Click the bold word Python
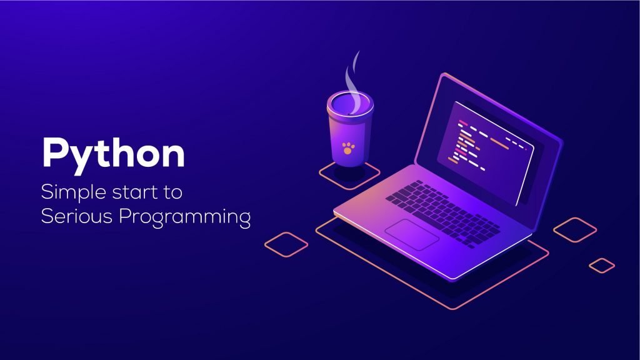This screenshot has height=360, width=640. (113, 152)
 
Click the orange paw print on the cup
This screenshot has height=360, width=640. (347, 148)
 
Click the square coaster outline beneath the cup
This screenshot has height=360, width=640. (349, 176)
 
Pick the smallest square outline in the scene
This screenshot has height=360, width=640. (602, 265)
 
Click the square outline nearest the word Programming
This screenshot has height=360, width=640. (286, 244)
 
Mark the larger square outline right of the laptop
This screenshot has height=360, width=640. (575, 230)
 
